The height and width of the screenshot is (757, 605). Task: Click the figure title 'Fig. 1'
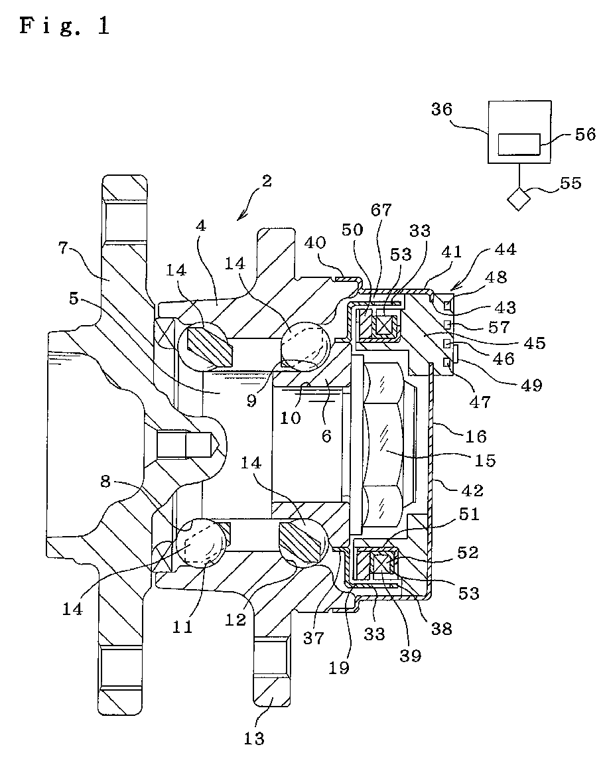(x=65, y=27)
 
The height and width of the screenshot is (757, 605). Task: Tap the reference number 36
(x=442, y=109)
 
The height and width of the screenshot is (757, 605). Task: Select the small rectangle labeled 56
(x=519, y=145)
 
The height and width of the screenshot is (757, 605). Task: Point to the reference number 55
(x=571, y=183)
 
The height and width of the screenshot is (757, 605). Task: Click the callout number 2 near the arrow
(x=267, y=181)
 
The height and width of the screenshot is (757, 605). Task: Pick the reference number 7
(x=63, y=249)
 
